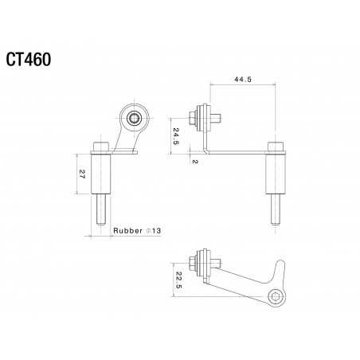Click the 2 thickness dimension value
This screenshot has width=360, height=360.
pos(194,159)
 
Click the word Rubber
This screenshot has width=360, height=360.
pos(128,231)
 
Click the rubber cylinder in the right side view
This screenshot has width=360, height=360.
pos(275,178)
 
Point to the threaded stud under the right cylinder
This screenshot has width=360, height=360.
pos(275,213)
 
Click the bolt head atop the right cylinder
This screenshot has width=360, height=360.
pos(275,147)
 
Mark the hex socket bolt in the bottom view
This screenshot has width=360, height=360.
pos(276,298)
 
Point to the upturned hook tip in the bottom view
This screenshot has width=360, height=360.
pos(281,264)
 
